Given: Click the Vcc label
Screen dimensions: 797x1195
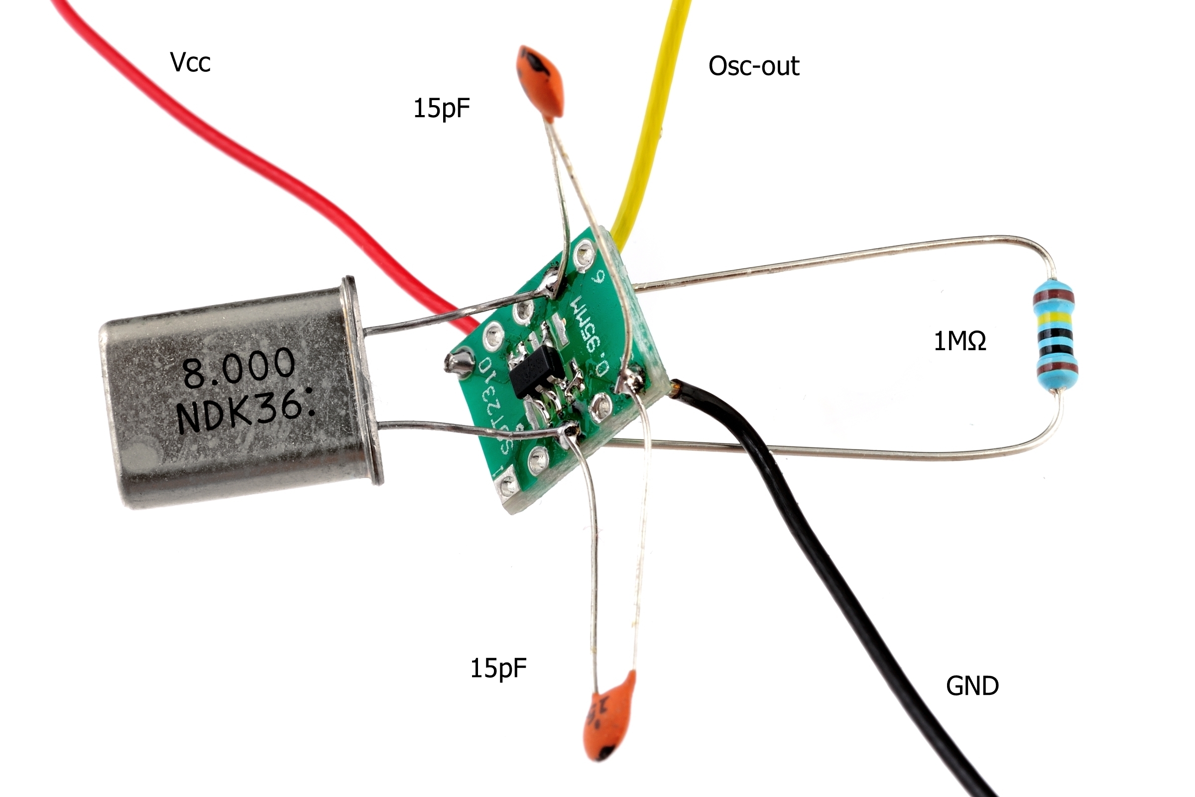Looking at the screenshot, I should [190, 63].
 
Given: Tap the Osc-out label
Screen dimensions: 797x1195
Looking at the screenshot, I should [753, 66].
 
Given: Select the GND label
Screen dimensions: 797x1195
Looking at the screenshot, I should [972, 686].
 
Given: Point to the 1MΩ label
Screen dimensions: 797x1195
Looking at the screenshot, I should [960, 341].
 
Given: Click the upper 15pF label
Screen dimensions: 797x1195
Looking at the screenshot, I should [441, 108].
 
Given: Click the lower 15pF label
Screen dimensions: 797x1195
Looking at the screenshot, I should [498, 668].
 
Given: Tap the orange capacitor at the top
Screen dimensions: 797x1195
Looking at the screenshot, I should [541, 81].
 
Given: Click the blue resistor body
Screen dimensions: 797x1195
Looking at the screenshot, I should [1055, 335].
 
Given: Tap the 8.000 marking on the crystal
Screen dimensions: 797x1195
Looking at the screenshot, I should [239, 367].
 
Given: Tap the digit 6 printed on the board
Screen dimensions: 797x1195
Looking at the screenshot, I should [599, 278].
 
